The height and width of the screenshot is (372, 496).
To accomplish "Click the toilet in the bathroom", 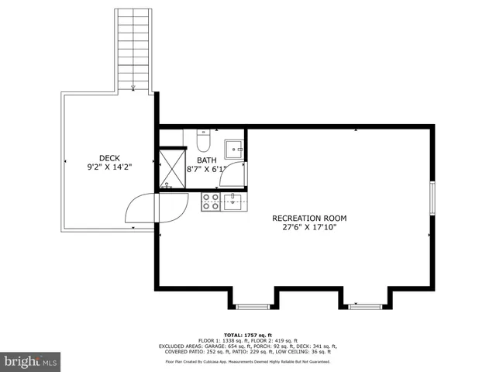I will (x=204, y=142).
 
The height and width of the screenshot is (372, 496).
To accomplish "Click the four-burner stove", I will (x=210, y=201).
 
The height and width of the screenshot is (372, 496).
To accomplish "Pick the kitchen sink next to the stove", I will (x=232, y=202).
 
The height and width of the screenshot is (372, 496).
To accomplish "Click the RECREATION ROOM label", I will (x=309, y=218).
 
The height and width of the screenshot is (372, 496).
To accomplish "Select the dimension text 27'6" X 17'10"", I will (x=309, y=228).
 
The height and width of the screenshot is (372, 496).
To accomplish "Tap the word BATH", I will (x=206, y=160).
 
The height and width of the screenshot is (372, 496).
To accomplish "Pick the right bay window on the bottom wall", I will (x=364, y=306).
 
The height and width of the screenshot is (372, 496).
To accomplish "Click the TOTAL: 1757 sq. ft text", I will (x=248, y=334).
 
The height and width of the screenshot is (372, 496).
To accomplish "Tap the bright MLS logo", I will (x=31, y=360).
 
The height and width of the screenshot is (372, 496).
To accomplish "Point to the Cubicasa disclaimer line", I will (x=248, y=361).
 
